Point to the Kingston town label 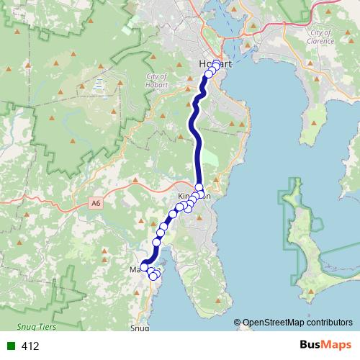point(194,195)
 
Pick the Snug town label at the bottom point(139,328)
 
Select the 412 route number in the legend point(30,346)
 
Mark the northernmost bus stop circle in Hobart point(216,64)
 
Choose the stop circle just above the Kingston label point(199,187)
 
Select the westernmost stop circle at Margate point(144,267)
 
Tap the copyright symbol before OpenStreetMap point(238,323)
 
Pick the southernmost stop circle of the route point(153,276)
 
